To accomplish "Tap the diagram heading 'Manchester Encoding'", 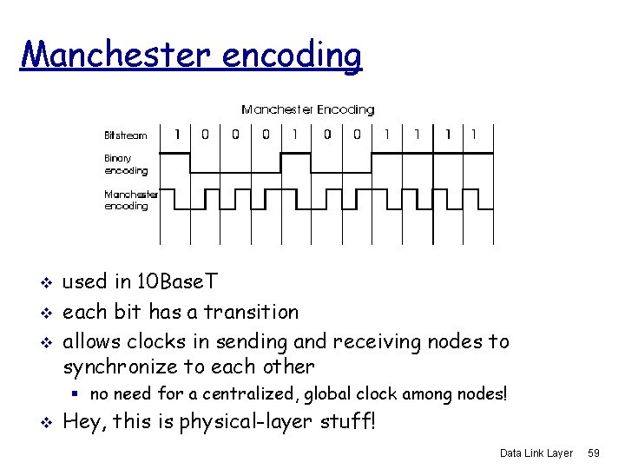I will (x=307, y=109).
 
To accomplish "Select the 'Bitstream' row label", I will (x=126, y=135).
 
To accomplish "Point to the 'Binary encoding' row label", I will (x=125, y=165).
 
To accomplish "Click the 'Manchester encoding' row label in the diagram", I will (x=130, y=201).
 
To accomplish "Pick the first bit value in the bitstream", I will (x=177, y=135).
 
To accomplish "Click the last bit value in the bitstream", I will (x=474, y=135).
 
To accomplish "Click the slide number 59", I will (x=595, y=453).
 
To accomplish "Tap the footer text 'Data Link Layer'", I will (x=536, y=453).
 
